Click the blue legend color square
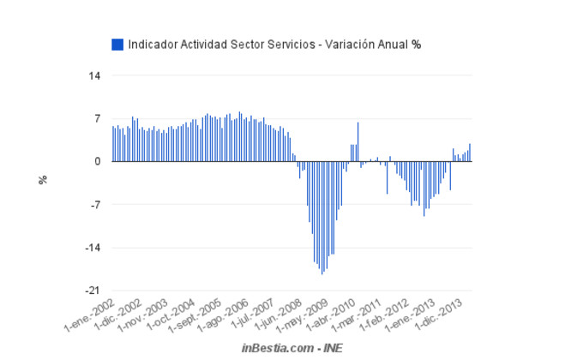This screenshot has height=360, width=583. tap(117, 44)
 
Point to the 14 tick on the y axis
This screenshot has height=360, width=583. tap(94, 75)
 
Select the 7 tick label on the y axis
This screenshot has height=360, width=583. tap(98, 118)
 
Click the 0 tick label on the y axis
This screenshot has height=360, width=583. tap(98, 161)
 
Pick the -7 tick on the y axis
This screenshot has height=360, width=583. tap(95, 205)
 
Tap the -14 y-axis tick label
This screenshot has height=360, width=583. tap(93, 248)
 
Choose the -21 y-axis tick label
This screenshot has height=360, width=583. tap(93, 291)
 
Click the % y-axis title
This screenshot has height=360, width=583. tap(43, 180)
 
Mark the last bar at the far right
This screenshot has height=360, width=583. tap(470, 153)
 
